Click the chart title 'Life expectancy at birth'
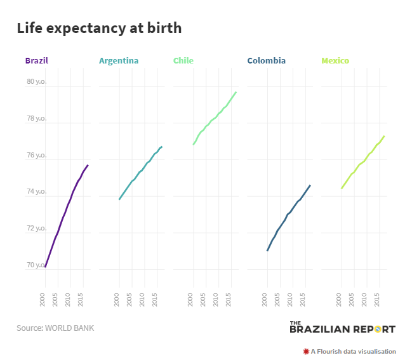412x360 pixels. coord(99,28)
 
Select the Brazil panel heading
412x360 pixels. coord(37,61)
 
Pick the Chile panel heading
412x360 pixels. coord(183,61)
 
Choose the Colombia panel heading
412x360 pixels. coord(267,61)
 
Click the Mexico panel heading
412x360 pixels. coord(335,61)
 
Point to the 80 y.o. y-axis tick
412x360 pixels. coord(36,81)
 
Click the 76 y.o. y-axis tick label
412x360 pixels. coord(36,155)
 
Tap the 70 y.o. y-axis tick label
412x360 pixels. coord(36,265)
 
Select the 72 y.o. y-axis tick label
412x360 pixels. coord(36,228)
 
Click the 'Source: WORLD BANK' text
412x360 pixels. coord(55,328)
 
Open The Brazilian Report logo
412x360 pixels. coord(342,328)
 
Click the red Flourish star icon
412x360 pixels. coord(306,351)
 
